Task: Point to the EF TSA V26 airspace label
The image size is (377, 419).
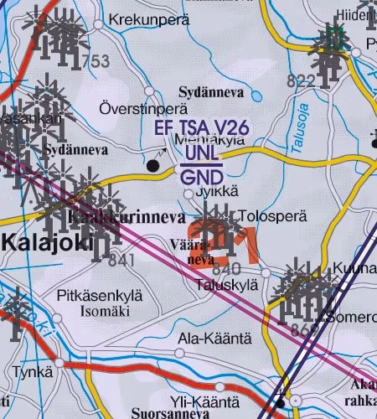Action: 202,128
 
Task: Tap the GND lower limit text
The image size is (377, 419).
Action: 202,178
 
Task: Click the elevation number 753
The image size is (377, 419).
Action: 95,61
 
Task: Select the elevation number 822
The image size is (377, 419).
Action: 301,80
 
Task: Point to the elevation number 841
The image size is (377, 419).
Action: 121,261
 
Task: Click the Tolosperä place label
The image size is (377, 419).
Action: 273,216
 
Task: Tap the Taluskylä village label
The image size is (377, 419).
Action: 225,284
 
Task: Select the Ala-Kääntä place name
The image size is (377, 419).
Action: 214,339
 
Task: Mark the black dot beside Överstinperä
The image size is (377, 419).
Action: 152,166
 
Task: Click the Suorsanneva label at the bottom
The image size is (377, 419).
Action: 170,414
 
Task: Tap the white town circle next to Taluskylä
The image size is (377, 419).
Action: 266,273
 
